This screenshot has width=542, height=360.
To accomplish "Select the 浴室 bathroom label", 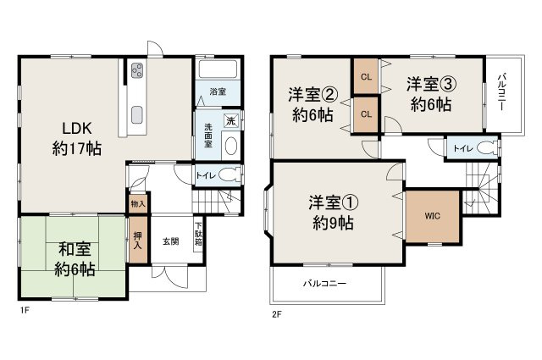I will coord(218,91).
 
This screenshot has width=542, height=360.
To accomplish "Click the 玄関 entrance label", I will coord(170,241).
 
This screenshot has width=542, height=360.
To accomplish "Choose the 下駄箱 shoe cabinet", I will coord(199,234).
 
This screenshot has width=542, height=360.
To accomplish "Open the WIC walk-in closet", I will coord(432,214).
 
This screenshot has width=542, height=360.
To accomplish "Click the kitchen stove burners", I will coord(137,72).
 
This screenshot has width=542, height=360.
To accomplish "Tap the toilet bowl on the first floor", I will coord(229,176).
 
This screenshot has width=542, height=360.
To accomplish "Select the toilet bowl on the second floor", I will coord(483,147).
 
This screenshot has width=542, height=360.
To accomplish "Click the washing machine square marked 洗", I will coord(230,120).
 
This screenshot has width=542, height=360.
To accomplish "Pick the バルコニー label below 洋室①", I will coord(325,285).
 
